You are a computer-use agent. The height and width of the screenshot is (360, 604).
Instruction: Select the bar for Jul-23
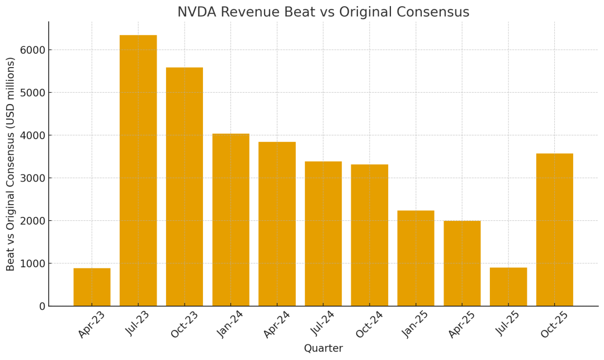click(138, 170)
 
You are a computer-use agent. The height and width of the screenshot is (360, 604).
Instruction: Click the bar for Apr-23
click(92, 287)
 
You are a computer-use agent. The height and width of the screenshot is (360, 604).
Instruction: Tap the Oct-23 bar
click(185, 187)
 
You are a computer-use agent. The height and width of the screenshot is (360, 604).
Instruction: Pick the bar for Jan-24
click(230, 220)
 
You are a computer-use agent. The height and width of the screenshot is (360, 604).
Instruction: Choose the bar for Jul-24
click(323, 234)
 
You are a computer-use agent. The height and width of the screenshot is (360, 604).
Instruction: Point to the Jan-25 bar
click(416, 258)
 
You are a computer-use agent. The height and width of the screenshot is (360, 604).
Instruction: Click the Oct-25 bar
click(554, 230)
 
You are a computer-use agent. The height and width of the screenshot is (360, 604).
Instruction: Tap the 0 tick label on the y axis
click(42, 306)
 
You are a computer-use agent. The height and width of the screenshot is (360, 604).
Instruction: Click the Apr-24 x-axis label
click(276, 325)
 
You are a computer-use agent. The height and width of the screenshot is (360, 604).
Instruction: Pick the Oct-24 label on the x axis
click(369, 325)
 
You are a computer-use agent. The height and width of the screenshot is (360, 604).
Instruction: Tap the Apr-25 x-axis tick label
click(462, 325)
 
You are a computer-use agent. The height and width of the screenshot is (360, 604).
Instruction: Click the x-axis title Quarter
click(323, 348)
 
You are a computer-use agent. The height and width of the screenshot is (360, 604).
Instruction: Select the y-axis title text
click(11, 164)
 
